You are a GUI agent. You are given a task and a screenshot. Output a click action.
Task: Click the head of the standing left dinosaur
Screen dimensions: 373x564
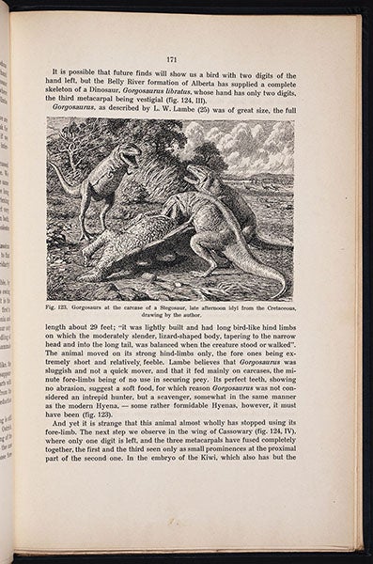point(127,151)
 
